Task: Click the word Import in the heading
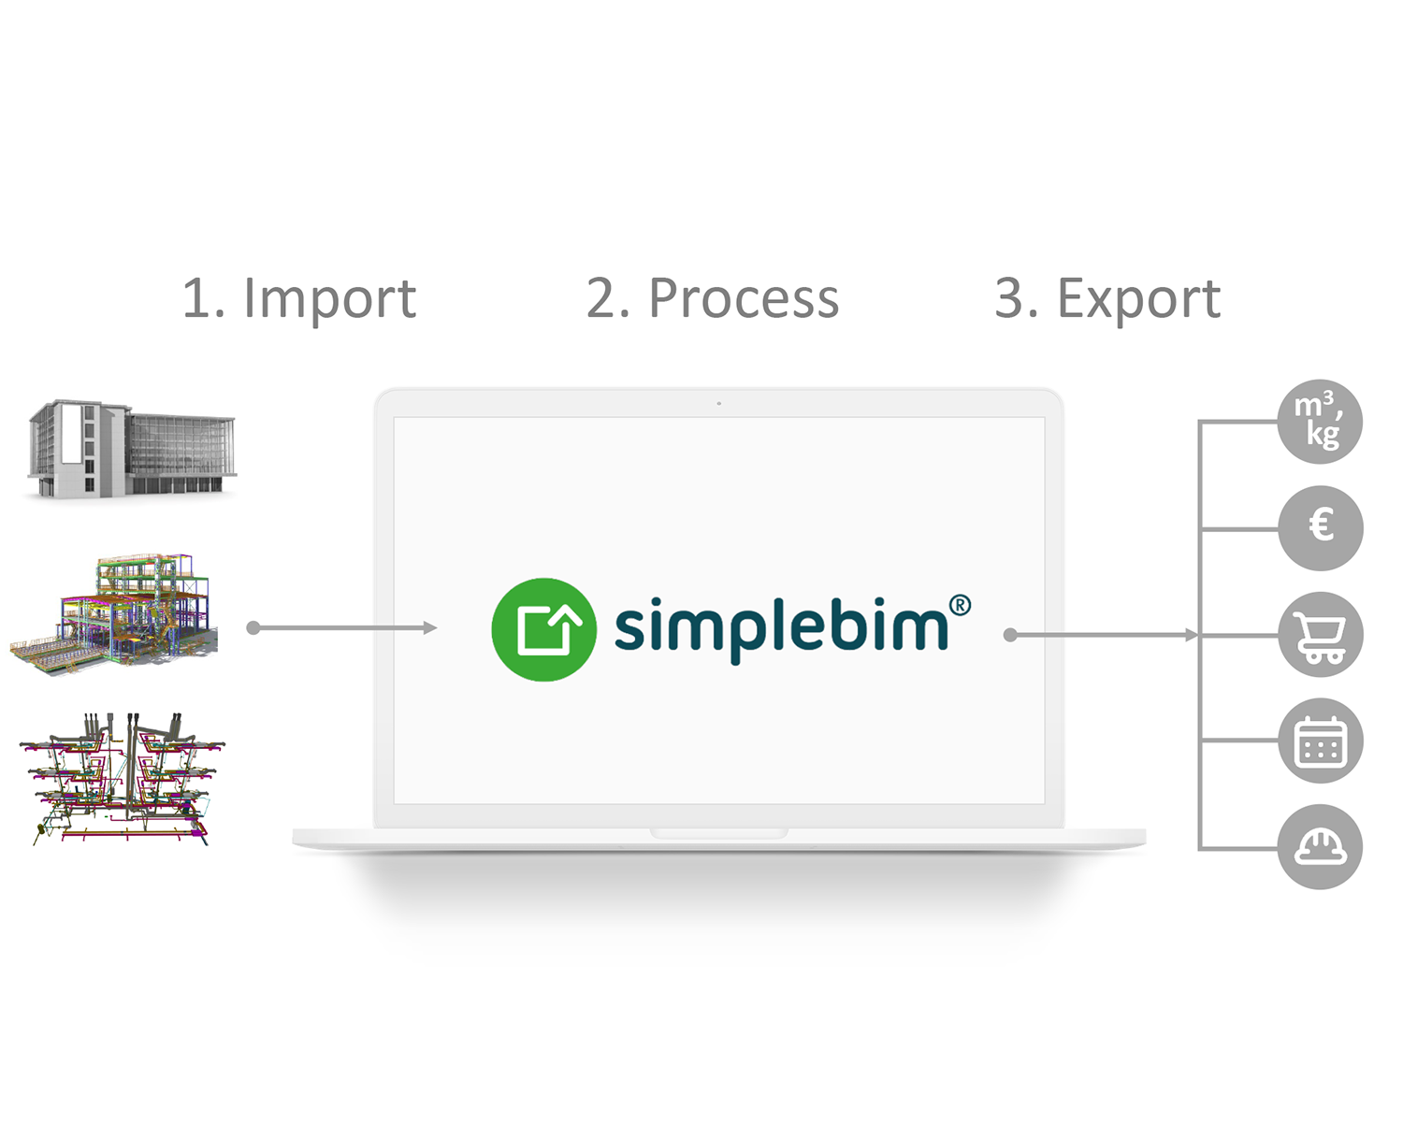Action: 329,299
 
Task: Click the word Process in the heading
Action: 744,299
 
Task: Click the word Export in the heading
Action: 1138,299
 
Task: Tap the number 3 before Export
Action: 1009,299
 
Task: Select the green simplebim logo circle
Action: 543,629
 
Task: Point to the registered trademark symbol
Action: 960,606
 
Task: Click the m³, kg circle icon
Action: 1320,422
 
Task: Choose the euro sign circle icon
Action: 1320,527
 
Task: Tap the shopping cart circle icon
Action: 1320,635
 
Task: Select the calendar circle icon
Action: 1320,741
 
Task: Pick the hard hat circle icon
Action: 1320,847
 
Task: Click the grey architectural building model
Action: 131,449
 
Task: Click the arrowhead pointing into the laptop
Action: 430,627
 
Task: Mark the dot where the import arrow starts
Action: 253,627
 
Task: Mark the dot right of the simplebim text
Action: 1009,635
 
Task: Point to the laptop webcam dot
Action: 718,404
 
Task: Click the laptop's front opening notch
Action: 718,833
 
